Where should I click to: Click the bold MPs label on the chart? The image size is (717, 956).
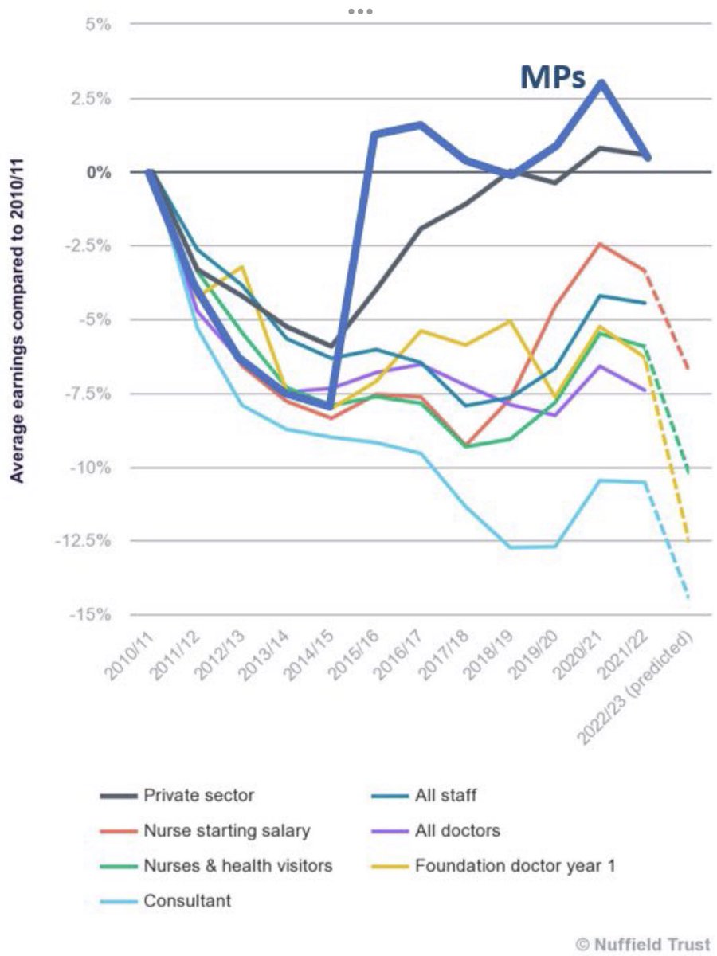(x=552, y=76)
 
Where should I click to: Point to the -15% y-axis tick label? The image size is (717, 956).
(x=91, y=615)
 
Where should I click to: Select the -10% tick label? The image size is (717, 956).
(x=91, y=468)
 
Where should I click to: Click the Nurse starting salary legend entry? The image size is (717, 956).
(x=226, y=831)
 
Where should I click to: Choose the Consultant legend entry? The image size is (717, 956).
(x=186, y=902)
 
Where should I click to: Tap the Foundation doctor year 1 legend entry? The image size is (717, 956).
(x=514, y=867)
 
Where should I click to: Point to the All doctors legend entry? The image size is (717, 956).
(x=456, y=831)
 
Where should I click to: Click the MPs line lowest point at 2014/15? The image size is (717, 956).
(x=329, y=406)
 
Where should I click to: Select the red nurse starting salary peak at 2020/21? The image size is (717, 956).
(x=601, y=244)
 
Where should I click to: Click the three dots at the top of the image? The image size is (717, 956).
(x=360, y=12)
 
